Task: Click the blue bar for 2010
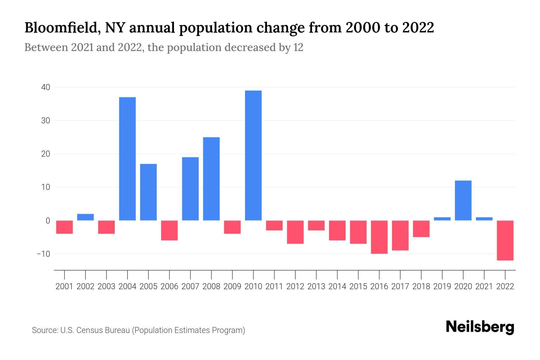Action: [253, 155]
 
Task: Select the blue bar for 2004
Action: [127, 159]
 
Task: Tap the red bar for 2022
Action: [505, 240]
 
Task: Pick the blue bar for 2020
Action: [463, 200]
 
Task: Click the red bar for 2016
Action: [379, 237]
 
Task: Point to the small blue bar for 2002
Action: [85, 217]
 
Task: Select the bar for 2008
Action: [211, 179]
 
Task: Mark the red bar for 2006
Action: [169, 230]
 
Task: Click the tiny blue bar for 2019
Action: [442, 219]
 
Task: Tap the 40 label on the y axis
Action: [46, 87]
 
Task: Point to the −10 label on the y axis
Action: [43, 254]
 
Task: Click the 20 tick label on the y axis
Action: [46, 154]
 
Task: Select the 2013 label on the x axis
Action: [316, 286]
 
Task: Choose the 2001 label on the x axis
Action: [64, 286]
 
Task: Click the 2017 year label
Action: [400, 286]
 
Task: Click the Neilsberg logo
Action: [480, 327]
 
